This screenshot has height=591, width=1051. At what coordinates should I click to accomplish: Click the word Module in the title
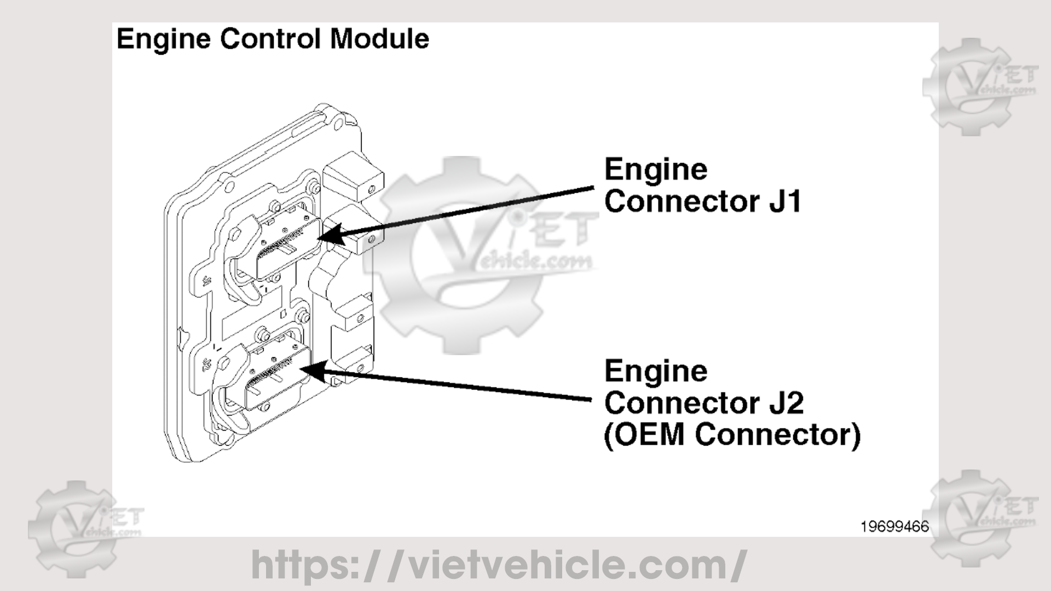(x=379, y=39)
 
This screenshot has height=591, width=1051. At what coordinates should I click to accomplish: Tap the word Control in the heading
(x=270, y=39)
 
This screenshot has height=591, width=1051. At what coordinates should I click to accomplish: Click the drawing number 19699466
(x=894, y=526)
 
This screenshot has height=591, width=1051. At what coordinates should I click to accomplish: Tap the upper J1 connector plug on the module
(x=285, y=246)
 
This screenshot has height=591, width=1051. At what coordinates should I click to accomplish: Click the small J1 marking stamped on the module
(x=207, y=282)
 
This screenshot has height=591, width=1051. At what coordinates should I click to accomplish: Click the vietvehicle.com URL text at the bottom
(x=498, y=565)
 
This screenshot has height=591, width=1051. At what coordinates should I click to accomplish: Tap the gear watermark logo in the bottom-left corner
(x=77, y=528)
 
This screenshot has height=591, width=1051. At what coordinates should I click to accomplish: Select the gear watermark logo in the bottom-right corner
(x=980, y=517)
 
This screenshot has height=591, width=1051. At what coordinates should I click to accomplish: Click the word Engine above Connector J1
(x=656, y=170)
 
